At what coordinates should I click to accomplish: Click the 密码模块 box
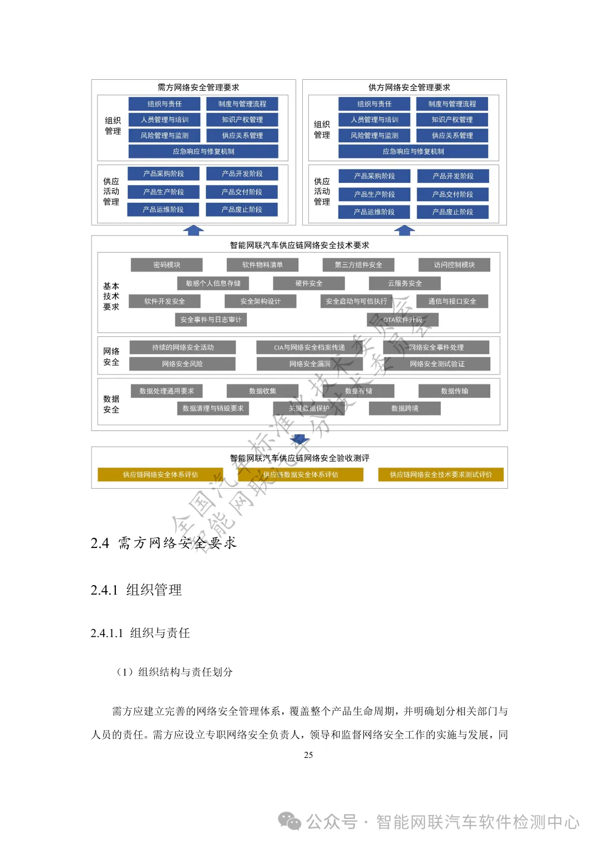click(x=166, y=265)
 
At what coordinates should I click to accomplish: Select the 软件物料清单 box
click(x=262, y=265)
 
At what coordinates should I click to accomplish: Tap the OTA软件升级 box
click(x=403, y=320)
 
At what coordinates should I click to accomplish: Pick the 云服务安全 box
click(x=405, y=283)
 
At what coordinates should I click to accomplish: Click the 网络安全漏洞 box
click(x=309, y=364)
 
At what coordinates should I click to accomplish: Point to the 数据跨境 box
click(x=405, y=408)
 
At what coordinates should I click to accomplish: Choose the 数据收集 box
click(x=262, y=391)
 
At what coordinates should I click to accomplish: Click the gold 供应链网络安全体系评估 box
click(x=160, y=475)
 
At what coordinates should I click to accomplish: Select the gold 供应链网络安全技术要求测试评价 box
click(x=441, y=475)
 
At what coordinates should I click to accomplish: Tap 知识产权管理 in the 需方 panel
click(x=242, y=120)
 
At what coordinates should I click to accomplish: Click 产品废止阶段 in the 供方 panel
click(x=453, y=212)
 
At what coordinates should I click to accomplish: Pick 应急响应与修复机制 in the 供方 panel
click(x=413, y=151)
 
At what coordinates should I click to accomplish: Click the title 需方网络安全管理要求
click(x=198, y=88)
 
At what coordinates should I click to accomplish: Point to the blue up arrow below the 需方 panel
click(x=193, y=230)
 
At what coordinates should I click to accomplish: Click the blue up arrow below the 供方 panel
click(x=404, y=230)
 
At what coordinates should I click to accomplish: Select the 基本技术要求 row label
click(x=111, y=296)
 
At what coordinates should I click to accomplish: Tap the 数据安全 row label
click(x=111, y=404)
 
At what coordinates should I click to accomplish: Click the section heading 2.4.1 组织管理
click(x=136, y=589)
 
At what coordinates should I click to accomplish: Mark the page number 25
click(x=308, y=755)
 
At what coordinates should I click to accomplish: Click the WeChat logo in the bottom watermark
click(x=290, y=821)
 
